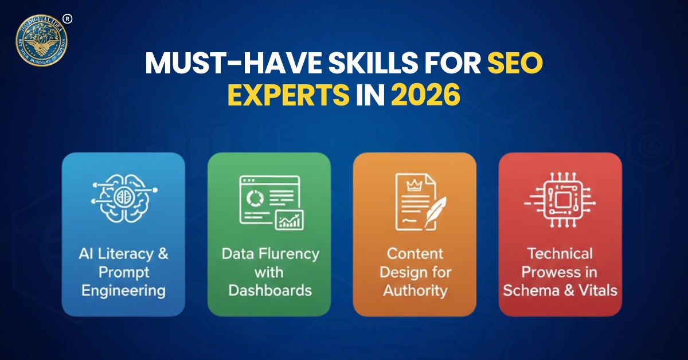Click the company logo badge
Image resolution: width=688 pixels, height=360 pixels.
coord(41,40)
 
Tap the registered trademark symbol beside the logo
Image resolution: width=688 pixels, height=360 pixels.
coord(68,19)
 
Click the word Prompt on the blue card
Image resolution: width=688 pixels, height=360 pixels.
coord(123,272)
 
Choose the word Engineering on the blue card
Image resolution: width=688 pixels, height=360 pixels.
coord(123,290)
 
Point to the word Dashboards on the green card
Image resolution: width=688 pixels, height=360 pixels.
coord(269,290)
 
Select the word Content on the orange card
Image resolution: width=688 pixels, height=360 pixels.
coord(415,253)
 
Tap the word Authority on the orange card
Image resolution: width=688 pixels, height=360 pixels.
coord(415,290)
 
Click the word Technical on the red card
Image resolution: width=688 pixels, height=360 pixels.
coord(560,253)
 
